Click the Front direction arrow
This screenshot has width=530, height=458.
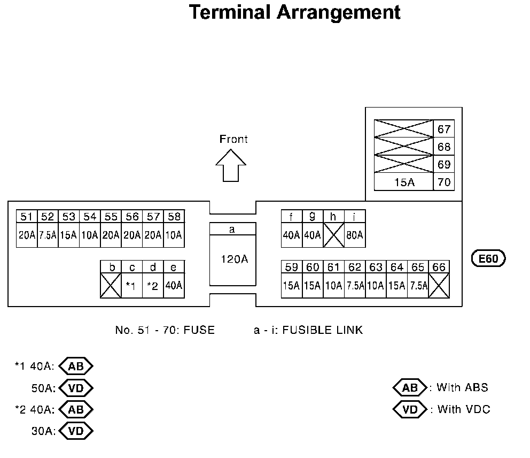[x=231, y=166]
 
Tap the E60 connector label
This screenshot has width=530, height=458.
[x=488, y=258]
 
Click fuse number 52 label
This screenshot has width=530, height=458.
[x=48, y=217]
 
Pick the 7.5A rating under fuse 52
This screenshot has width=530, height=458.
[x=48, y=235]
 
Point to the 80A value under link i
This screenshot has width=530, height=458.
[x=355, y=235]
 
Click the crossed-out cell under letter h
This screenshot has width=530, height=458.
[x=333, y=235]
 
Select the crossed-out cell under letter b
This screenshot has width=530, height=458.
[x=111, y=286]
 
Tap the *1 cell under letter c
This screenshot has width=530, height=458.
[x=132, y=286]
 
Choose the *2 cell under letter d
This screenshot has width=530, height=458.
[x=153, y=286]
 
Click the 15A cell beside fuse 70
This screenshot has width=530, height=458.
[x=404, y=182]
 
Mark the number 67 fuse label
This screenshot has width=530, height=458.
[x=444, y=129]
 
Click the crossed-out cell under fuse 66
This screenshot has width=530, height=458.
[x=439, y=286]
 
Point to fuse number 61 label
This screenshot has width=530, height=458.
[x=333, y=267]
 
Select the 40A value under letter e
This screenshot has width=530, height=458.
[x=174, y=286]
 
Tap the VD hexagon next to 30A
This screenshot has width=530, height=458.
[x=76, y=431]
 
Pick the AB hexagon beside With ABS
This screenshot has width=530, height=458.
[x=410, y=387]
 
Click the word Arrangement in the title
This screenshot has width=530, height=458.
[x=339, y=13]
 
